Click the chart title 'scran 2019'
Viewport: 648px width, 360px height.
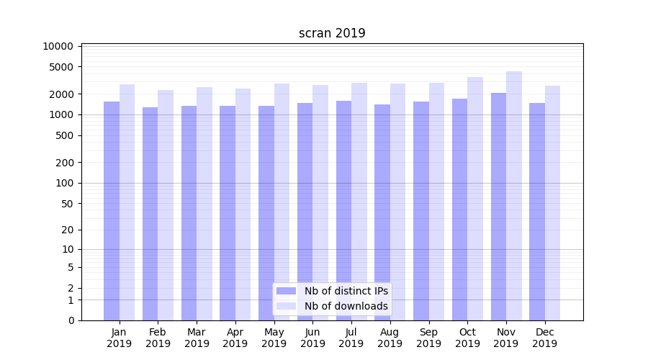332,33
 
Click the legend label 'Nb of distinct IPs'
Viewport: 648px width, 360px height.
346,291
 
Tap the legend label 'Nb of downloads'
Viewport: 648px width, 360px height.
346,306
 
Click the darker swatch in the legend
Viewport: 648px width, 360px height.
286,291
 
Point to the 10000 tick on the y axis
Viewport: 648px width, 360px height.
58,46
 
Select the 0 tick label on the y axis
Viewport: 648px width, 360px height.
71,320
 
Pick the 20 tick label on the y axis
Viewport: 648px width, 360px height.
68,230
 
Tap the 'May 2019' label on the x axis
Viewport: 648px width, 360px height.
274,338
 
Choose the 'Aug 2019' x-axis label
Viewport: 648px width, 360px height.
390,338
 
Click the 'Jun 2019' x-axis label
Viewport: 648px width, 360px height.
312,338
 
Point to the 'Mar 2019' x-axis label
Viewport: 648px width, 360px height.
197,338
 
